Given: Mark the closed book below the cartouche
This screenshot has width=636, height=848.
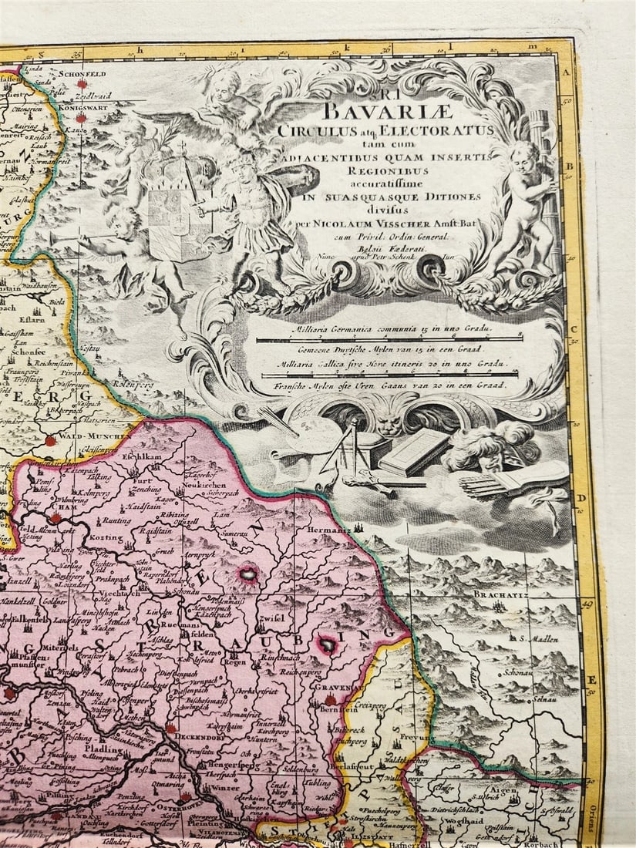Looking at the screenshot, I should [412, 452].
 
